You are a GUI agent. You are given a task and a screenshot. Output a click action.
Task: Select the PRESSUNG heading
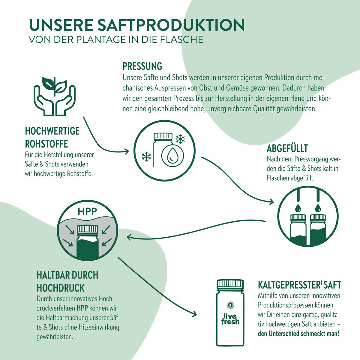(142, 66)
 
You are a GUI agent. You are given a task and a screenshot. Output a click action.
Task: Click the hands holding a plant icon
(54, 94)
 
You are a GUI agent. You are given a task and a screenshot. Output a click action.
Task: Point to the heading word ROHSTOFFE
(46, 144)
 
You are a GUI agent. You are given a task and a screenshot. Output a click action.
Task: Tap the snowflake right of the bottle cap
(180, 139)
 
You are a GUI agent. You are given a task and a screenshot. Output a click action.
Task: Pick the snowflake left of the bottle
(146, 156)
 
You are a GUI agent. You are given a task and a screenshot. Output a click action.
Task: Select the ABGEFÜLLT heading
(287, 148)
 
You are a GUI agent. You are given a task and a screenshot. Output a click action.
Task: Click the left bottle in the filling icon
(298, 229)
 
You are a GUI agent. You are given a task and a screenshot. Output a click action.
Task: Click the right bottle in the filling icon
(318, 229)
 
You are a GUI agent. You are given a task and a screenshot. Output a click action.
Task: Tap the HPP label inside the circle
(87, 211)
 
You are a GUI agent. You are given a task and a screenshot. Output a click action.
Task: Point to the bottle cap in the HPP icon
(88, 230)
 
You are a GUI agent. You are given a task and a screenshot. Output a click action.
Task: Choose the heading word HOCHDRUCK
(61, 288)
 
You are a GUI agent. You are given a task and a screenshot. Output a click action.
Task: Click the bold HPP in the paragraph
(82, 308)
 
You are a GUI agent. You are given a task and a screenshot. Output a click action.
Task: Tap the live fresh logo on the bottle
(230, 318)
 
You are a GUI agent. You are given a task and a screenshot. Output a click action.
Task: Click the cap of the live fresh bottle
(230, 284)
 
